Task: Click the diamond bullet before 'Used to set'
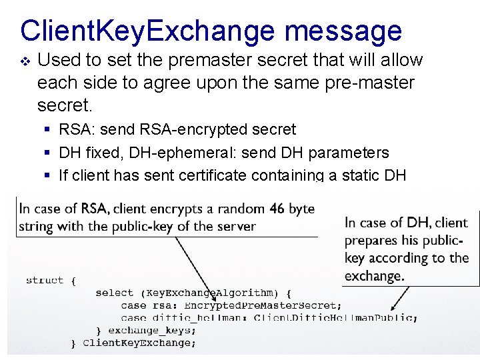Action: pyautogui.click(x=25, y=61)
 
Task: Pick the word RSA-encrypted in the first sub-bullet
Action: pyautogui.click(x=191, y=129)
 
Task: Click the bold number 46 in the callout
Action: pyautogui.click(x=277, y=209)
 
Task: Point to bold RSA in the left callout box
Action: pyautogui.click(x=95, y=209)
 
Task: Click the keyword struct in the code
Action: pyautogui.click(x=45, y=281)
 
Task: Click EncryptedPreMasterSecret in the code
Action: pyautogui.click(x=263, y=305)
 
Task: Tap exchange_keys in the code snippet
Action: pyautogui.click(x=152, y=330)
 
